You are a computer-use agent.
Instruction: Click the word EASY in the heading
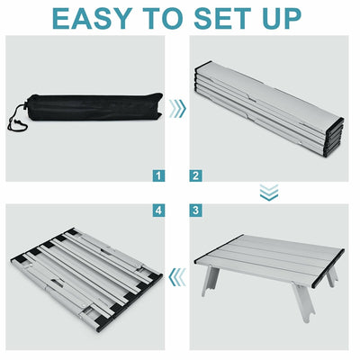point(93,19)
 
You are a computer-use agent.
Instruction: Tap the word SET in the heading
point(223,19)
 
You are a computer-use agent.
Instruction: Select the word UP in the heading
point(282,19)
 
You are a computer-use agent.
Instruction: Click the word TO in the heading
point(164,19)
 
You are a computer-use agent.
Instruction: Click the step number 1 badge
point(158,175)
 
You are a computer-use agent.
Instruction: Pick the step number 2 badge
point(195,175)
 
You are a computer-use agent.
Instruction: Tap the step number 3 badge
point(195,210)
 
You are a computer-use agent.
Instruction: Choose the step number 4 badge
point(158,210)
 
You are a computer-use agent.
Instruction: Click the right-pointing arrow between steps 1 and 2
point(177,108)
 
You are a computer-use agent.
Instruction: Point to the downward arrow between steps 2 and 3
point(269,193)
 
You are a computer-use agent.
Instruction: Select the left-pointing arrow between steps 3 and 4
point(177,277)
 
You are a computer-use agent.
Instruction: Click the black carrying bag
point(90,107)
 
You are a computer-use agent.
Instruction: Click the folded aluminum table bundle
point(269,110)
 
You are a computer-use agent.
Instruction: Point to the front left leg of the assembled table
point(210,281)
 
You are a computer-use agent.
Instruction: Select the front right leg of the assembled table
point(303,302)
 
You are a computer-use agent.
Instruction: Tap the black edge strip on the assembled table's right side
point(328,268)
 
